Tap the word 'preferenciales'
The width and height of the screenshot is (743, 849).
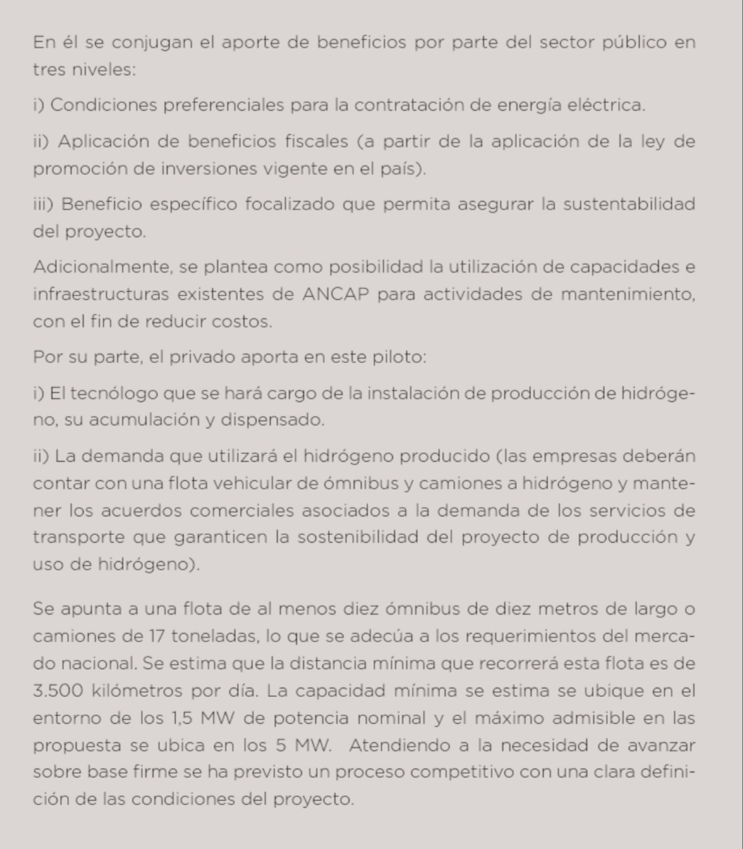coord(225,105)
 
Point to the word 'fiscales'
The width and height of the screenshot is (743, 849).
coord(316,141)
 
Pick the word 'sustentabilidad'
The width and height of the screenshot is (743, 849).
coord(629,205)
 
